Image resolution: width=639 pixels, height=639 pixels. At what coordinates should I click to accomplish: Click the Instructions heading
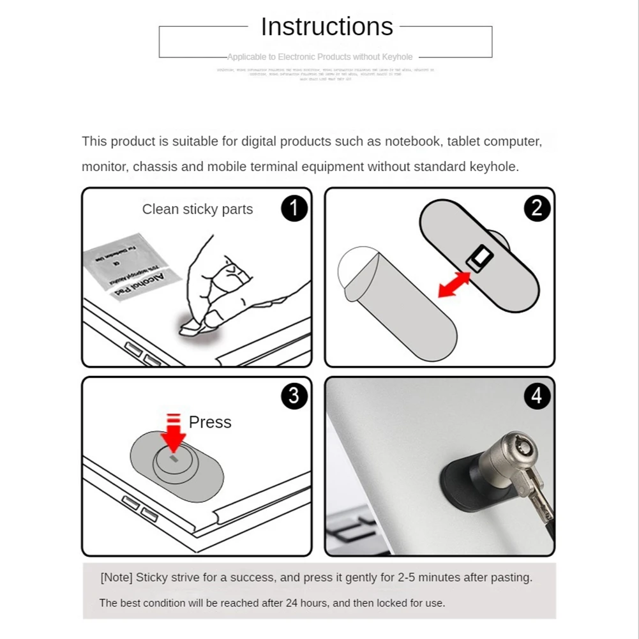click(x=327, y=27)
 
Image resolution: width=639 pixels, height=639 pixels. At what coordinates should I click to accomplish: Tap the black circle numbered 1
click(x=294, y=208)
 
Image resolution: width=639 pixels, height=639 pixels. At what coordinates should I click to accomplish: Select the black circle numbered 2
click(x=537, y=208)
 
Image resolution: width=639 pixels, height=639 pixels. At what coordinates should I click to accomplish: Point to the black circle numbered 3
click(x=294, y=396)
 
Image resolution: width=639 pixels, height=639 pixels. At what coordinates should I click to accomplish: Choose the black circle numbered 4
click(x=537, y=396)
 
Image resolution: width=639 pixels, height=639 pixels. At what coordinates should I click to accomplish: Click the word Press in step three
click(x=210, y=423)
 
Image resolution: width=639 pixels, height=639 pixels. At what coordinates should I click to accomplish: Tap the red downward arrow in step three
click(x=172, y=435)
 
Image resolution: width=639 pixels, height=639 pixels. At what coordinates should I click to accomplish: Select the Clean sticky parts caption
click(x=197, y=209)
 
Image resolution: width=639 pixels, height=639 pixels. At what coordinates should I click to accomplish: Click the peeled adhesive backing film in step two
click(x=396, y=300)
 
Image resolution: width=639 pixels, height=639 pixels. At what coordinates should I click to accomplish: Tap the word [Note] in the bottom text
click(x=116, y=578)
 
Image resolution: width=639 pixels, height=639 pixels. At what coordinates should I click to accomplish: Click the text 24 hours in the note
click(x=308, y=603)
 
